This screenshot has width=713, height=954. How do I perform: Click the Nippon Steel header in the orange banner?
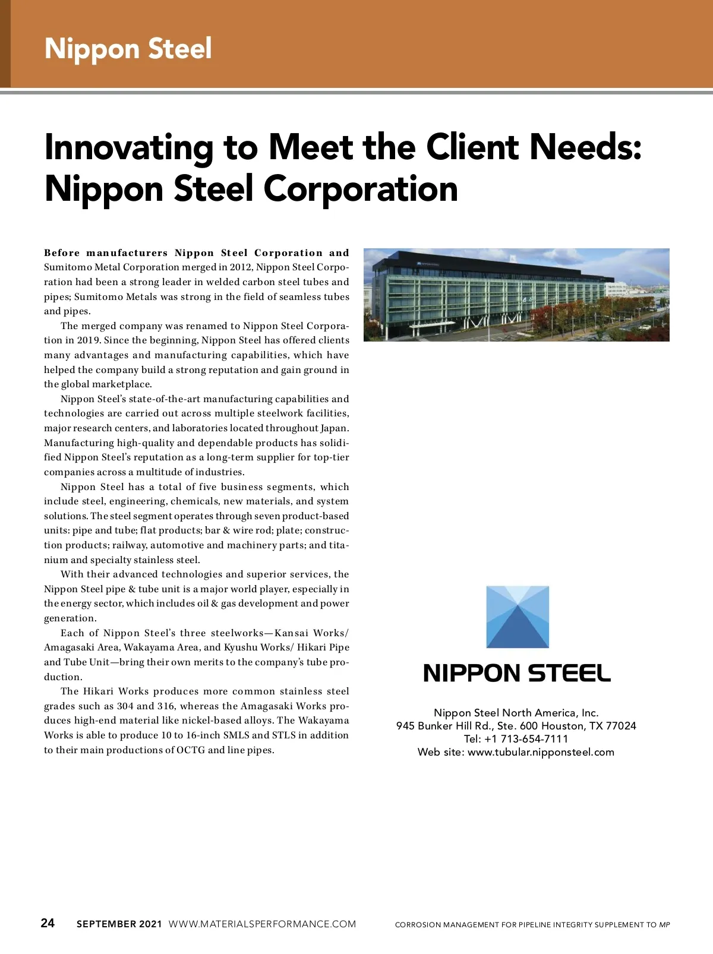click(128, 48)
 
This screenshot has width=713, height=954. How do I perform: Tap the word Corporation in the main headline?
click(360, 188)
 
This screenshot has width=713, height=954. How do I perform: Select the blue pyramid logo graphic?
click(518, 617)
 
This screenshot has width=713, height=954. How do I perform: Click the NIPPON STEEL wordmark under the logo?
click(517, 673)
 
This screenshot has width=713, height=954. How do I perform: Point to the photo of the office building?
click(516, 295)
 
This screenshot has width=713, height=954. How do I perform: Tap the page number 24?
click(48, 923)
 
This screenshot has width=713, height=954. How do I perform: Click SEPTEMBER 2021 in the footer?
click(119, 924)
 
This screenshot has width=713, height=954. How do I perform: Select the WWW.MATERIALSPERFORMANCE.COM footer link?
click(262, 924)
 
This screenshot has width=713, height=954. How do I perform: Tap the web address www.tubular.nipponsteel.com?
click(541, 752)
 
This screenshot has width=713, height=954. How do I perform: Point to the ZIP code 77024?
click(621, 726)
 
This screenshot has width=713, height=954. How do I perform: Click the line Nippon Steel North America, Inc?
click(516, 713)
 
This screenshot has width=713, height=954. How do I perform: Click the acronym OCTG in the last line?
click(190, 750)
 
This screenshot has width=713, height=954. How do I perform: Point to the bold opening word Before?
click(62, 253)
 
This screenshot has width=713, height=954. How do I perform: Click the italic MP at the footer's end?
click(665, 925)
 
